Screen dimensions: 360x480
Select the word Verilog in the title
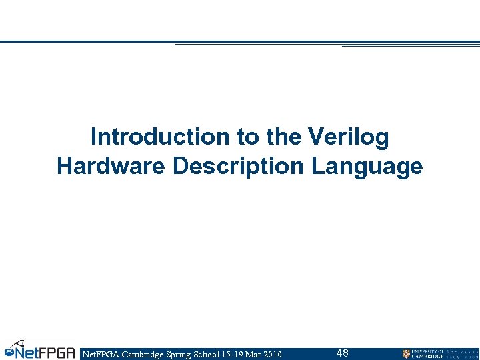(x=349, y=137)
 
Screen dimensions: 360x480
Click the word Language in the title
(x=367, y=167)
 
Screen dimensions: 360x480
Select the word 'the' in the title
(x=283, y=137)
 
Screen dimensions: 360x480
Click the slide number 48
(x=342, y=353)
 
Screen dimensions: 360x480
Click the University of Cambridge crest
(x=406, y=353)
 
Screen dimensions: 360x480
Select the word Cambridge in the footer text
(x=140, y=354)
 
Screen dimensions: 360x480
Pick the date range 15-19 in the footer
(x=233, y=354)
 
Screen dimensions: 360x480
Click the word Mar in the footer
(x=253, y=354)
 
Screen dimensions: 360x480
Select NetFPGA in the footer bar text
(x=98, y=354)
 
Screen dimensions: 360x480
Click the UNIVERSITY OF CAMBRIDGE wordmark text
(x=427, y=353)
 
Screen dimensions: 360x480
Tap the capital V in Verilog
(x=317, y=137)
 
